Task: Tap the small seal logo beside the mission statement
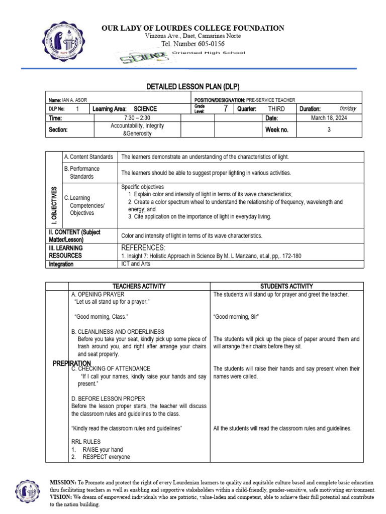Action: pos(27,491)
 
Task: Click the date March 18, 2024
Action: pos(329,118)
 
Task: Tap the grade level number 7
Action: pos(226,108)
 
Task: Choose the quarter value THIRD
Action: pos(276,109)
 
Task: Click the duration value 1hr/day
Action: pos(347,109)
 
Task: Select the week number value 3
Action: pos(329,130)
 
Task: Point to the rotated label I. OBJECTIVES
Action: pos(54,205)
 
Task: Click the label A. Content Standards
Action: pos(89,157)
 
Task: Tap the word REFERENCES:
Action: pos(143,247)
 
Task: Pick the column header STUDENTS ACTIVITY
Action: pos(286,286)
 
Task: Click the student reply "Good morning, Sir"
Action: pos(236,317)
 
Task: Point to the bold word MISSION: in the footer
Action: pos(63,482)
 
